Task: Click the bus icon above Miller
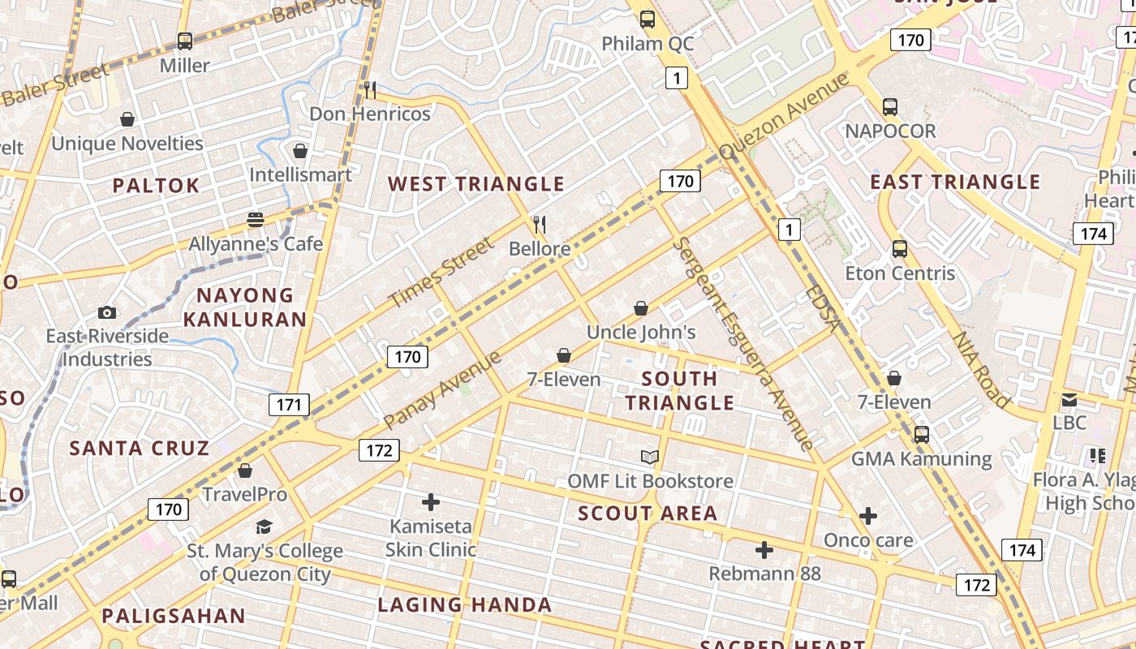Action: (185, 41)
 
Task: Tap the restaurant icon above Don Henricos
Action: (369, 89)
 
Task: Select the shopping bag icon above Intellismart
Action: (300, 151)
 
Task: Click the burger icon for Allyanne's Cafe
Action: (256, 220)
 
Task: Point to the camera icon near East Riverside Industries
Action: (106, 312)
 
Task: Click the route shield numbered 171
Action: (289, 405)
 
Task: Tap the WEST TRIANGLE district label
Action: (475, 184)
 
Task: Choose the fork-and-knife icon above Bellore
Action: (539, 224)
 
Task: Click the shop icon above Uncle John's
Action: (640, 308)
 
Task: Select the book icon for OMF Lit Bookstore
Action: (650, 457)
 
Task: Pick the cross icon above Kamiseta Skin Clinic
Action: (431, 502)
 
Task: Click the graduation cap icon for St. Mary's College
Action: (264, 527)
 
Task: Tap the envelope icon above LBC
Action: (1069, 399)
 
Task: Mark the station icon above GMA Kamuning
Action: (921, 435)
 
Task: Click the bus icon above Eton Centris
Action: (899, 249)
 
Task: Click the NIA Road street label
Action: (981, 369)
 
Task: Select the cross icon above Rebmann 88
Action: (764, 550)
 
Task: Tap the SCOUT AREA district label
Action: (648, 514)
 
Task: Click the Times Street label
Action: (441, 273)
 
